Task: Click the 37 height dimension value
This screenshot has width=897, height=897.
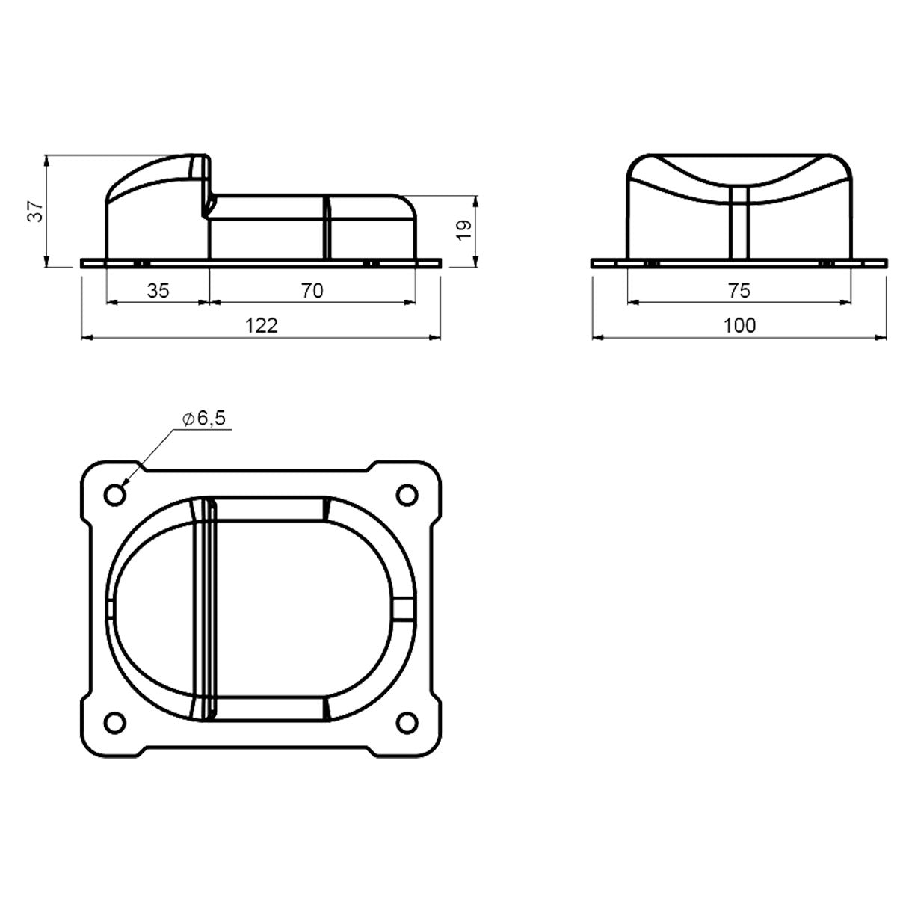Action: pyautogui.click(x=35, y=211)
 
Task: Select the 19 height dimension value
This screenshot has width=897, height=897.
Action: pyautogui.click(x=464, y=230)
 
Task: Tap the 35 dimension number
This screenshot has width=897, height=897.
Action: pyautogui.click(x=158, y=291)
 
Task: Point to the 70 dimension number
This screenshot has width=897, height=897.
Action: pyautogui.click(x=312, y=291)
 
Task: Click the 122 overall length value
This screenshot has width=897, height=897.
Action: pyautogui.click(x=261, y=325)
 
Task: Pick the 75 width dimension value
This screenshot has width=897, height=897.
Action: pyautogui.click(x=739, y=291)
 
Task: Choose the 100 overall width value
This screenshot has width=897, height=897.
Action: pyautogui.click(x=739, y=325)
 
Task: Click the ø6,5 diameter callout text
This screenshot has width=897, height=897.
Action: pyautogui.click(x=204, y=419)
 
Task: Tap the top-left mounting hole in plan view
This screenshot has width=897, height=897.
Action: pyautogui.click(x=114, y=494)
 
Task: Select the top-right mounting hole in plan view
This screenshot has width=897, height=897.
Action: pyautogui.click(x=407, y=494)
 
